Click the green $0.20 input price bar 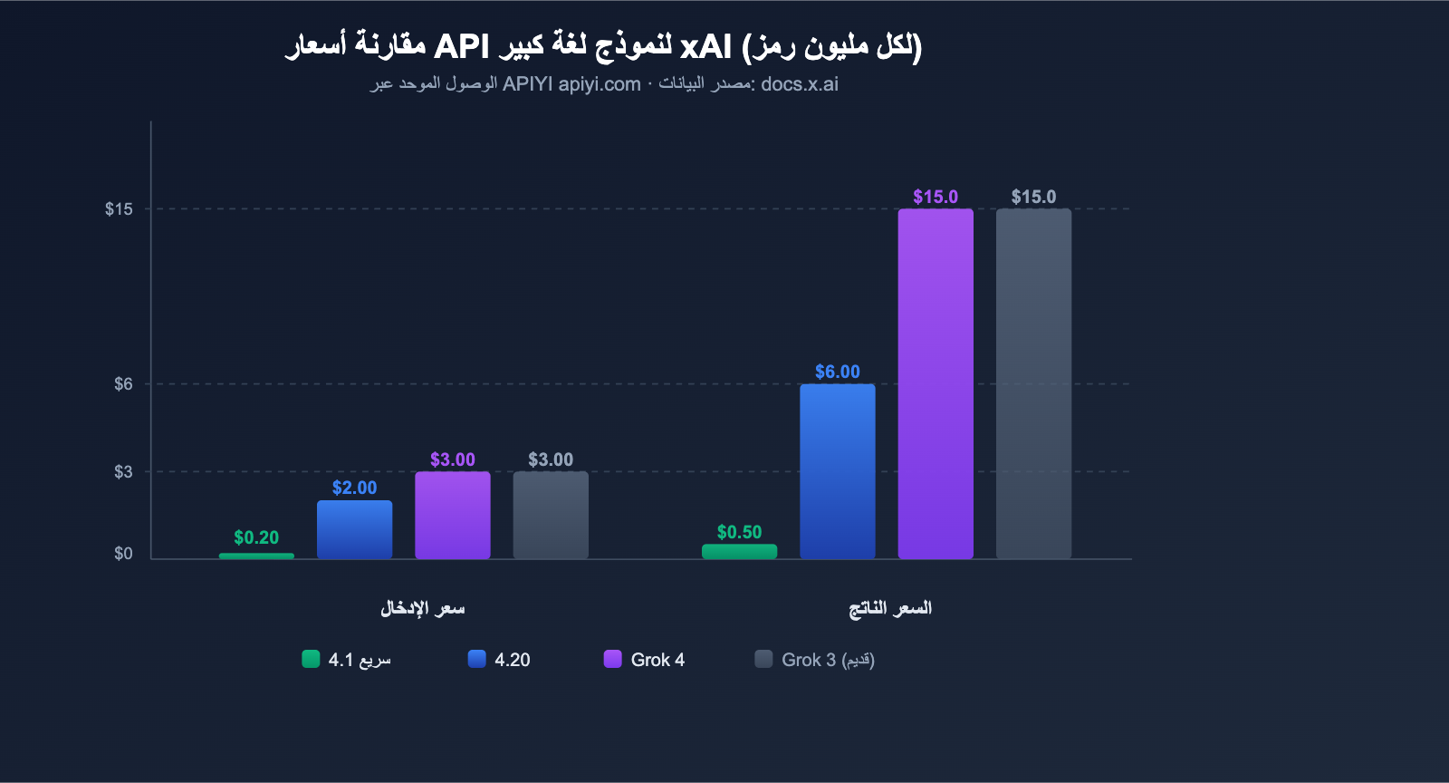tap(256, 556)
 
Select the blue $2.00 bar tap(354, 529)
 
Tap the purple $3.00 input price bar tap(452, 515)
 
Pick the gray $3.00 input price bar tap(551, 515)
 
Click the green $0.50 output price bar tap(739, 551)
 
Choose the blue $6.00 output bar tap(837, 471)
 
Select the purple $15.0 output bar tap(936, 383)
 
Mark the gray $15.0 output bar tap(1033, 383)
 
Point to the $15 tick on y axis tap(119, 209)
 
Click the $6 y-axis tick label tap(123, 384)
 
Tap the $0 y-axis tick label tap(123, 554)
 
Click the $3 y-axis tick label tap(123, 472)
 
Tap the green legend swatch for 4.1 tap(311, 659)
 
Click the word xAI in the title tap(705, 46)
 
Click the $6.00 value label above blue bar tap(837, 372)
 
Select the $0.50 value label tap(739, 532)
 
